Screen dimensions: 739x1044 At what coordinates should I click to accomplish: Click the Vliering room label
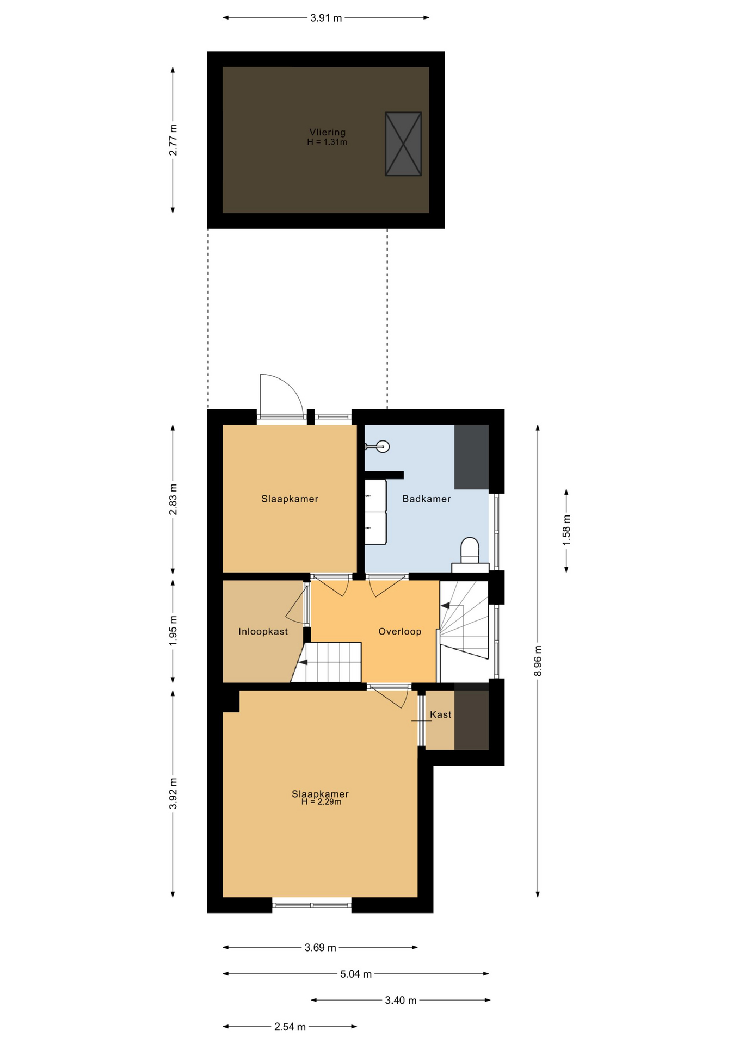click(327, 132)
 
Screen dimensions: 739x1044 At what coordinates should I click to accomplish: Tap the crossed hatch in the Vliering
click(403, 144)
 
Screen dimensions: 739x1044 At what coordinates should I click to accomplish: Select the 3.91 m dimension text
click(326, 18)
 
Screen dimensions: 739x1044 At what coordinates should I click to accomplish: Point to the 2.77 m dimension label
click(173, 140)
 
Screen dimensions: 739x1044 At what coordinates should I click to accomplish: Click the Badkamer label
click(427, 499)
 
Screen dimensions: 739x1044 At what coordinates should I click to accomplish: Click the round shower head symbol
click(383, 447)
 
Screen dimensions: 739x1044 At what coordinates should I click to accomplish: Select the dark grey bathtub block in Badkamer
click(471, 457)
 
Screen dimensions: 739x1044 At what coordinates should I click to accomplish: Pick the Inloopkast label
click(263, 631)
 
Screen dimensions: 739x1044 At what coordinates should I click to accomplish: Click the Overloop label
click(400, 631)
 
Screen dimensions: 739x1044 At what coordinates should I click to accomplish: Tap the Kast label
click(441, 714)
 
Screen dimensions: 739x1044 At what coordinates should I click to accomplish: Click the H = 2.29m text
click(322, 801)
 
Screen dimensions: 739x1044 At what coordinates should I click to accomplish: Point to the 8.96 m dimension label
click(538, 661)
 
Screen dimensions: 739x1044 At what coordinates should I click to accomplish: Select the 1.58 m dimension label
click(566, 530)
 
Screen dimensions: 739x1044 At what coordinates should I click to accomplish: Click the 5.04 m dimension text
click(356, 974)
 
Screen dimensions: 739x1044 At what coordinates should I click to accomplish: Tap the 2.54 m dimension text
click(290, 1027)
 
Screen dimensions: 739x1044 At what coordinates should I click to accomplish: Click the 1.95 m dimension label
click(173, 631)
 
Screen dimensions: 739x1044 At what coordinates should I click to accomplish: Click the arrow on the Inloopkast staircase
click(301, 662)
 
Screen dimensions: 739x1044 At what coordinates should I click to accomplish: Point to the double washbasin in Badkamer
click(375, 512)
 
